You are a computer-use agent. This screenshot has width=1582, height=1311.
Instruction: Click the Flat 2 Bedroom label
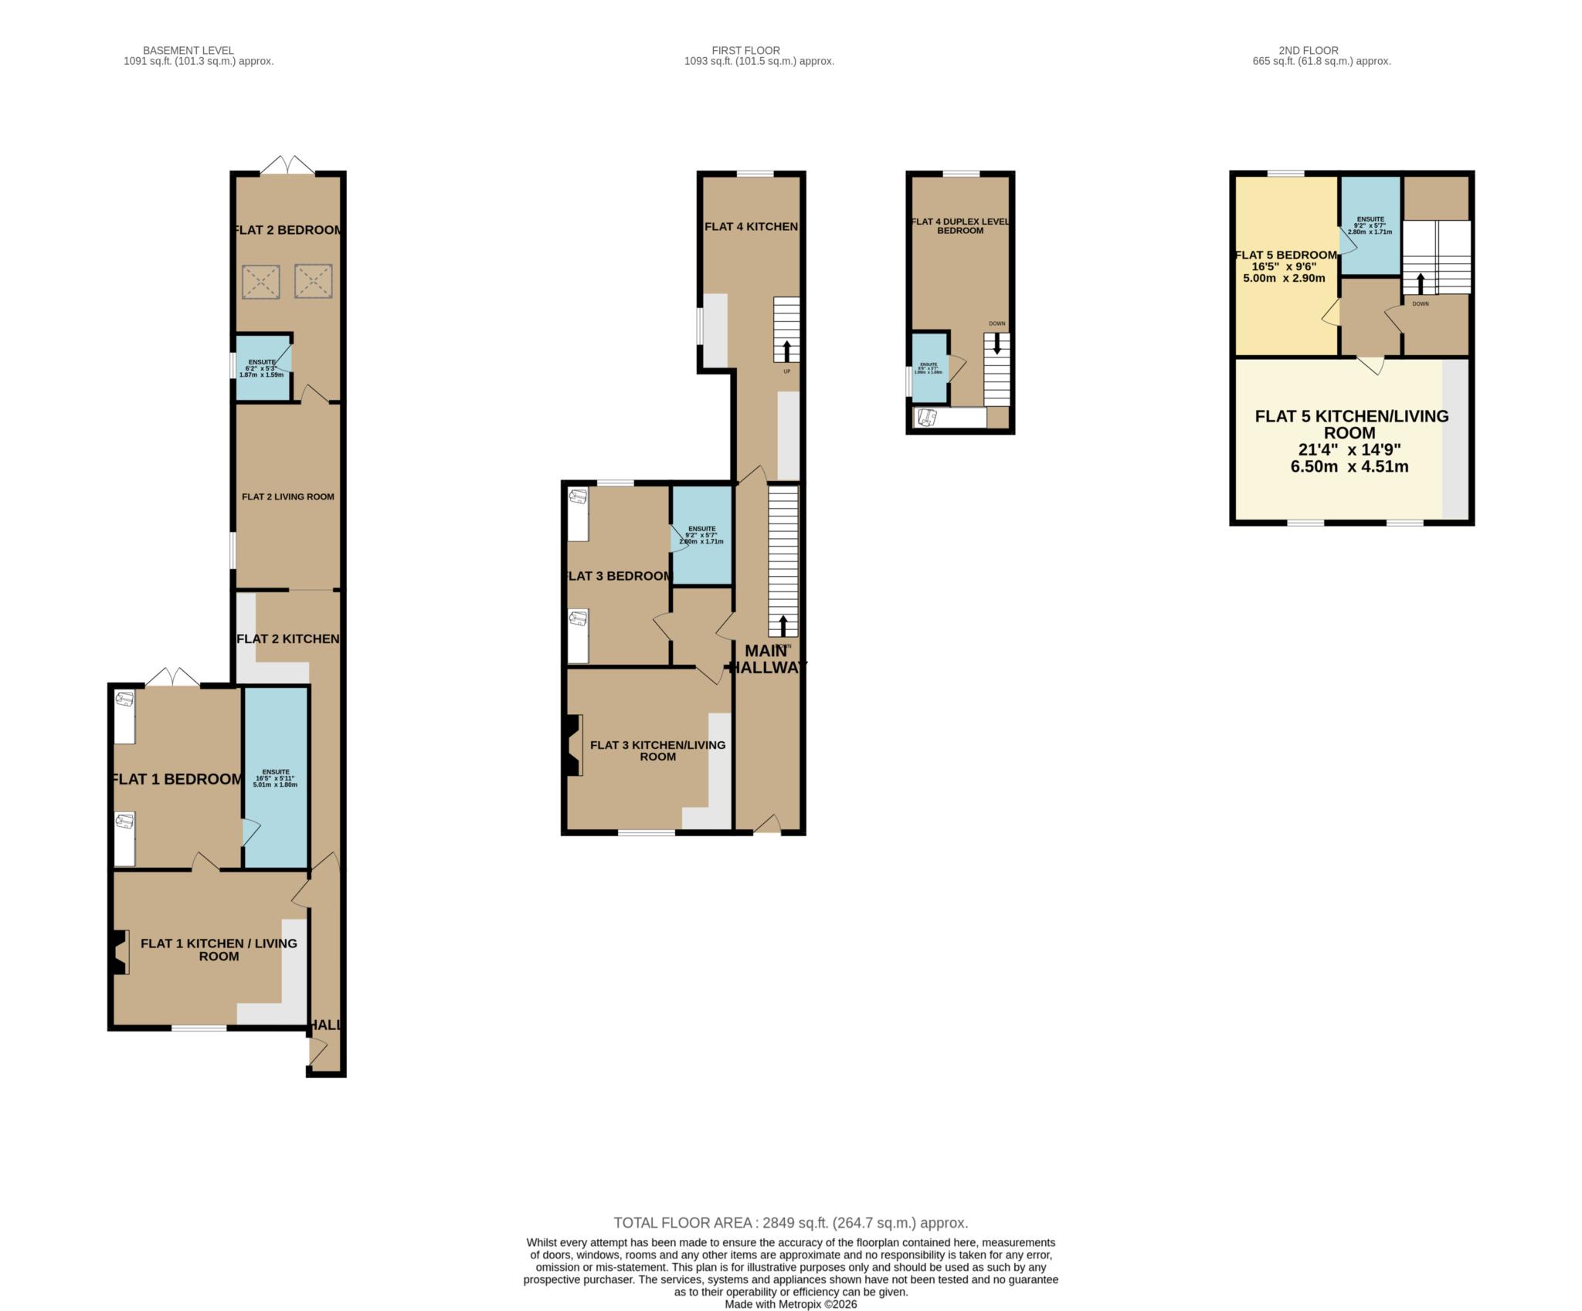click(x=288, y=230)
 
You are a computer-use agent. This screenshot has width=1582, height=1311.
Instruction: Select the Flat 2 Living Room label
click(x=288, y=496)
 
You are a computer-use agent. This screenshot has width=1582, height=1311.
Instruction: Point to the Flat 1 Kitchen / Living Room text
click(x=219, y=950)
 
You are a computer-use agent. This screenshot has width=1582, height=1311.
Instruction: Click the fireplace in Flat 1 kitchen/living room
click(x=119, y=952)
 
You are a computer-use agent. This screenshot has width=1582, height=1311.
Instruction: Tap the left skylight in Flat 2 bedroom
click(x=261, y=282)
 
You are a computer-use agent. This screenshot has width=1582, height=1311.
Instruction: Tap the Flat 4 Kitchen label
click(x=751, y=226)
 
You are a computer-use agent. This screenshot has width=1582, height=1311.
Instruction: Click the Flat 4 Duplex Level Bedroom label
click(x=960, y=225)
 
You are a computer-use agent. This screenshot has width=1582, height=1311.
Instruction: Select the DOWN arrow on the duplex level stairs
click(x=996, y=343)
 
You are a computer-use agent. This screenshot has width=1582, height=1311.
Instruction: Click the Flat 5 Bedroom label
click(x=1285, y=256)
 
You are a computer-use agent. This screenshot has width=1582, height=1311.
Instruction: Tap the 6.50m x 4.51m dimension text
click(x=1349, y=466)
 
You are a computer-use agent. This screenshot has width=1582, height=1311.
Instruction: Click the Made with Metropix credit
click(x=790, y=1304)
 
